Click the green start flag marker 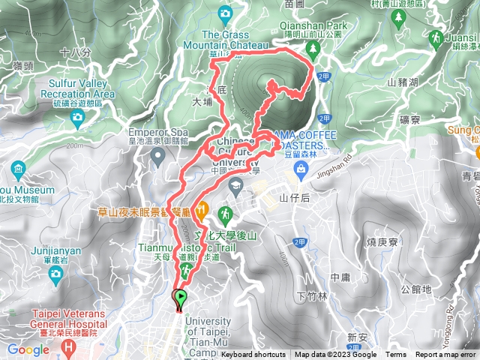point(180,298)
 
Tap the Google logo point(28,349)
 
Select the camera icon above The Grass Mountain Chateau point(225,13)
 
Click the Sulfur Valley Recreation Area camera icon point(76,118)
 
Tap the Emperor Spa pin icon point(157,157)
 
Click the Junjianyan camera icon point(55,276)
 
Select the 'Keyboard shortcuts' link point(253,355)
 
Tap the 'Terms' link point(396,355)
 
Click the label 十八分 point(75,52)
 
